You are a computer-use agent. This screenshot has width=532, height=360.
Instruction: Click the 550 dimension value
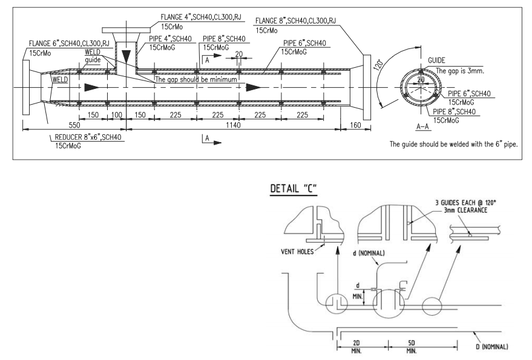coord(74,125)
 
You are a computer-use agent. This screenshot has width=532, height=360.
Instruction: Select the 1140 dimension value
coord(233,125)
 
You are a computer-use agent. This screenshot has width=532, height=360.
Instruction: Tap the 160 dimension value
coord(355,125)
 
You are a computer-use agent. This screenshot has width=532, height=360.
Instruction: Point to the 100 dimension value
coord(116,115)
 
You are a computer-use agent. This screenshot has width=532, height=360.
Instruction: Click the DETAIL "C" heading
coord(294,188)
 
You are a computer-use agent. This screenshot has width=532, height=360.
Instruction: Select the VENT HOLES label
coord(297,252)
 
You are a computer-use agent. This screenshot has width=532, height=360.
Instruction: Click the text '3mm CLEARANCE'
coord(465,210)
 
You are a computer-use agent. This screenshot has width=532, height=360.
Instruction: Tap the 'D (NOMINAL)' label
coord(492,347)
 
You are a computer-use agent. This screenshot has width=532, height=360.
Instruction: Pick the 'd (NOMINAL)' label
coord(369,253)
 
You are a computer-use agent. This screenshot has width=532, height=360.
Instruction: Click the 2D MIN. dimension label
coord(356,347)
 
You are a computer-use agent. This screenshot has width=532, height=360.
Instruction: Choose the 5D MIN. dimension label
coord(412,347)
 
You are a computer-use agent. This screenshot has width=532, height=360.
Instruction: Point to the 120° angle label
coord(378,64)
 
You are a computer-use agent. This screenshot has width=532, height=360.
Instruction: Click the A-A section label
coord(422,126)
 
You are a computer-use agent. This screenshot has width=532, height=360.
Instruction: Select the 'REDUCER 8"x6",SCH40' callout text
coord(88,137)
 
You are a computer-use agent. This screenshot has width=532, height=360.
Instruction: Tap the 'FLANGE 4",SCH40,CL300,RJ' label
coord(201,16)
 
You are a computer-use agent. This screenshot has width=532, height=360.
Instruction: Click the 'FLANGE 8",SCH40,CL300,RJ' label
coord(295,21)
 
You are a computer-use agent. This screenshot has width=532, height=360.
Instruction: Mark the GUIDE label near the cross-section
coord(436,61)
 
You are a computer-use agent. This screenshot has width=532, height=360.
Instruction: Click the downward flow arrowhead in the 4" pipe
coord(126,56)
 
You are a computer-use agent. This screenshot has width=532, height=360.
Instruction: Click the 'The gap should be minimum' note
coord(196,79)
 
